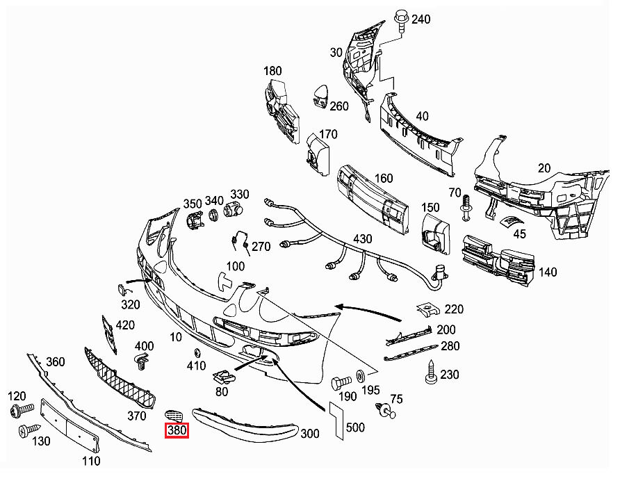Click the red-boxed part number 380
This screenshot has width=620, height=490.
point(177,431)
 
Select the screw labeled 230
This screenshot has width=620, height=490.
point(431,374)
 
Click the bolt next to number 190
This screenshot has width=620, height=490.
point(341,382)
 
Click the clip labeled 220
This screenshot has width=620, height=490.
point(427,309)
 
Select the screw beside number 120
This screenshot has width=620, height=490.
point(19,411)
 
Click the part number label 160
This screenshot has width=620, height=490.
point(384,179)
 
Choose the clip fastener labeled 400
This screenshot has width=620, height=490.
point(142,361)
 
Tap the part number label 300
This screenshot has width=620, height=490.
point(310,434)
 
